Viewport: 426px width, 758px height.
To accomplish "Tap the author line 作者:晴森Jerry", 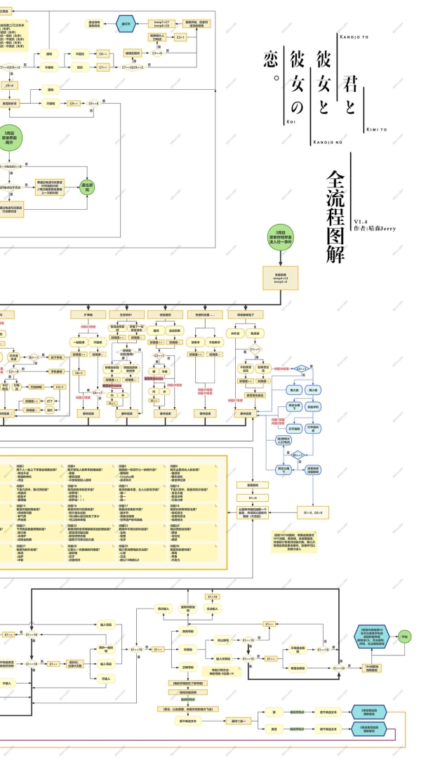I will pos(375,228).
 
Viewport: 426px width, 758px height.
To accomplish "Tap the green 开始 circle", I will pos(405,636).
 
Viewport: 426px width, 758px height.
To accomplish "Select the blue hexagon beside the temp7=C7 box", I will pos(126,24).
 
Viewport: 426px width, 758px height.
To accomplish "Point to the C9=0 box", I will pos(10,86).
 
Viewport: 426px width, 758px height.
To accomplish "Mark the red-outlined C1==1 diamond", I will pos(301,368).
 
